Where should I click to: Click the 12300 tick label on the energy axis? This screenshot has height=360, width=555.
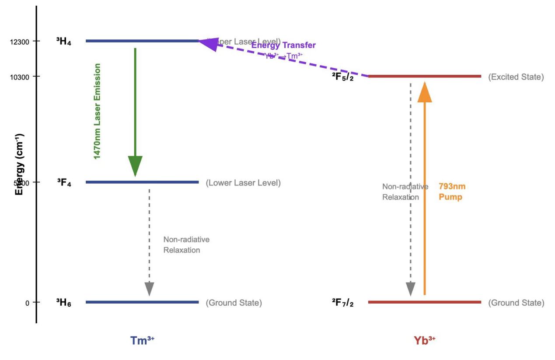coord(20,42)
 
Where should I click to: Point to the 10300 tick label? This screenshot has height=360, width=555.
coord(20,77)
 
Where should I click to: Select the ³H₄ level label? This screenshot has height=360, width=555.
coord(63,42)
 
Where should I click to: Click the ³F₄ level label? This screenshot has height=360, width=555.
coord(64,182)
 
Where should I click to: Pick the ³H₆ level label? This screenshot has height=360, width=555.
coord(63,303)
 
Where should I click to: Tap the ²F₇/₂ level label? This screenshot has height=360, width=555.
coord(342,303)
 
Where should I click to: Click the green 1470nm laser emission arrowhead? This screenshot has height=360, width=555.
coord(135,166)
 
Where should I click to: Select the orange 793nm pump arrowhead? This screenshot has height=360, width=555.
coord(425,91)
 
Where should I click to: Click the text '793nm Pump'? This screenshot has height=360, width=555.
coord(452,192)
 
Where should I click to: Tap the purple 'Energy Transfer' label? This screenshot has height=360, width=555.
coord(283,45)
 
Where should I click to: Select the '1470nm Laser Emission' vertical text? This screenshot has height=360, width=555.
coord(97,112)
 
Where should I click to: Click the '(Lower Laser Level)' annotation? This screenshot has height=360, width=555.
coord(243,183)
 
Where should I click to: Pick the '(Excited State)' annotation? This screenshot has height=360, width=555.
coord(516,77)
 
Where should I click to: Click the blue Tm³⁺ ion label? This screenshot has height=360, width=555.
coord(142,340)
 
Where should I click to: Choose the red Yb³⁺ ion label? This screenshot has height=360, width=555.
coord(424,341)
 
